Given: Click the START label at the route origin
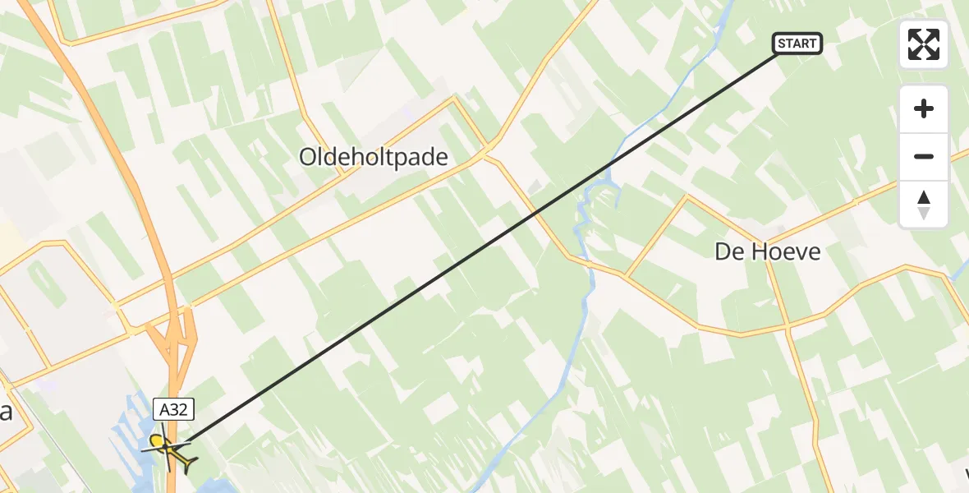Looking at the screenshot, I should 797,44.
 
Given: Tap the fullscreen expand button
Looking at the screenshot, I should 924,44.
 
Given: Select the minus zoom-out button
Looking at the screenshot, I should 924,156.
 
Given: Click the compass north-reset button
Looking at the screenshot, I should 924,205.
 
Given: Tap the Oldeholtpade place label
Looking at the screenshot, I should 374,157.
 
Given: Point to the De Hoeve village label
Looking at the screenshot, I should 767,251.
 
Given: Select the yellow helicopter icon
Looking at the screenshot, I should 170,450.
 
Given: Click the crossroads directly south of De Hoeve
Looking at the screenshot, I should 788,326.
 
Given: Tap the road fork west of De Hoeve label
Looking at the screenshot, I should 626,275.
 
